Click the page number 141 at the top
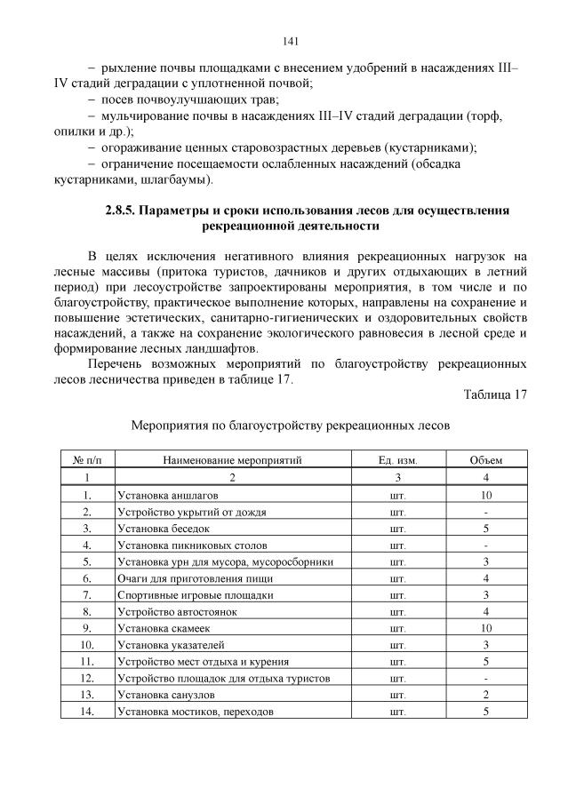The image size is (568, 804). point(290,42)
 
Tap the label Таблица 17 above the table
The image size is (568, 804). point(496,395)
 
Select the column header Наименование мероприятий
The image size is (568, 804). point(233,460)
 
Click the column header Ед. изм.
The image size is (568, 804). point(397,460)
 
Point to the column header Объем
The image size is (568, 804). point(486,460)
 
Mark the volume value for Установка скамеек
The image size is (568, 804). point(486,628)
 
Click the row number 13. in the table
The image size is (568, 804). point(87,695)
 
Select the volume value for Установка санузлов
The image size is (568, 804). point(486,695)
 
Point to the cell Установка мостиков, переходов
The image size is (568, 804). point(195,712)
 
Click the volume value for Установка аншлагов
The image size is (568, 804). point(486,494)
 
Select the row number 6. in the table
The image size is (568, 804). point(87,577)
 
